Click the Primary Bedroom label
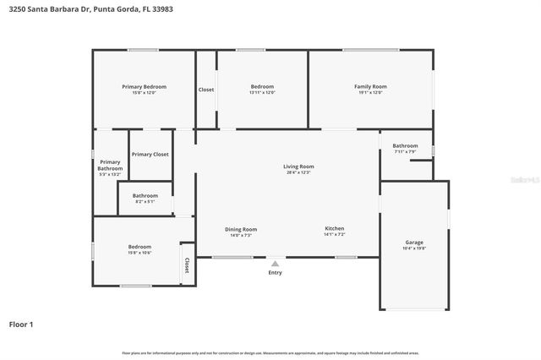point(144,86)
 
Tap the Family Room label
point(370,86)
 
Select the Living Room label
point(298,166)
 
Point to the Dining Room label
point(241,229)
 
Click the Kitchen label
point(335,228)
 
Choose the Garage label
point(414,243)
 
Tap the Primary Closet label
point(150,155)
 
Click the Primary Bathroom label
point(110,165)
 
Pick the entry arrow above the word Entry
point(275,264)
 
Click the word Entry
point(276,272)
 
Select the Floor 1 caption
point(21,324)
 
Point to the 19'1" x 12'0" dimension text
point(370,92)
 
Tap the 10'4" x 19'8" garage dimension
point(414,248)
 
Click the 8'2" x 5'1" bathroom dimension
point(145,202)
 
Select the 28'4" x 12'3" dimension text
point(298,172)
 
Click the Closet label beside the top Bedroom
point(206,90)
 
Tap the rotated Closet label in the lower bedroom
point(186,265)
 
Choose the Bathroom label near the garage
point(405,145)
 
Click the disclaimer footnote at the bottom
point(270,352)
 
